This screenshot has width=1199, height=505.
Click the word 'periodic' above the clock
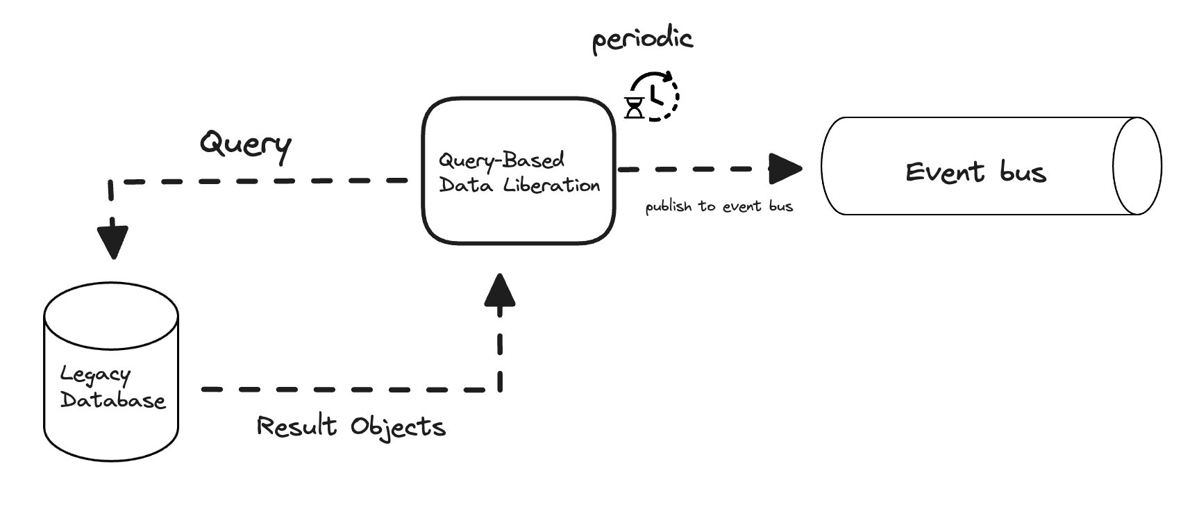[642, 39]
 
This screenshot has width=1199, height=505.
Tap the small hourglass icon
[635, 108]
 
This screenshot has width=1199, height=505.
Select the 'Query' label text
[245, 144]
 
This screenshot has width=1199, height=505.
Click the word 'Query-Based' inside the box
[501, 160]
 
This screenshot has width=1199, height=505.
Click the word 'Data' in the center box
[466, 185]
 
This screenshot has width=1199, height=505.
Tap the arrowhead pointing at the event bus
[785, 169]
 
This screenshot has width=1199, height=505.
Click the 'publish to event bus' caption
[719, 206]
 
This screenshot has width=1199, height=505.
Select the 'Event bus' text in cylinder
[975, 172]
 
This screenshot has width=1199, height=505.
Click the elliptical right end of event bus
[1137, 166]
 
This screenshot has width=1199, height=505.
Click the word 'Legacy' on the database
[95, 375]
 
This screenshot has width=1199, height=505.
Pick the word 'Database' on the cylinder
[113, 401]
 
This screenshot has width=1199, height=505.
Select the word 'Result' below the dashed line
[296, 426]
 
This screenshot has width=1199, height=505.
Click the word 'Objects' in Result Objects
[398, 427]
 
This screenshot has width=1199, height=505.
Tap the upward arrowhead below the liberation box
[500, 290]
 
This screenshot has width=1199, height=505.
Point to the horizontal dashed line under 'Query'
[264, 181]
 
